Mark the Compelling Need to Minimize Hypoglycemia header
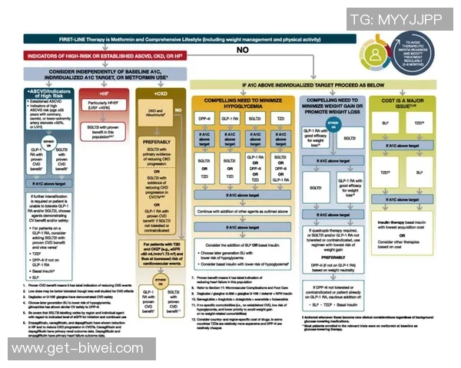[x=244, y=104]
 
